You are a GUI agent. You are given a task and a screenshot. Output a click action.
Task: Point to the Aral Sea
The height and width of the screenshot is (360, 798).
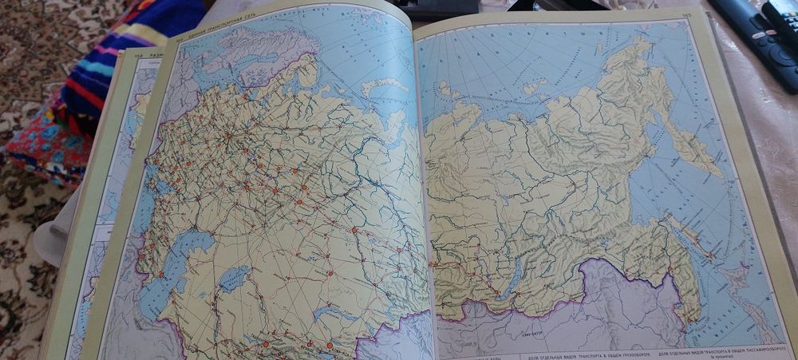233,279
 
